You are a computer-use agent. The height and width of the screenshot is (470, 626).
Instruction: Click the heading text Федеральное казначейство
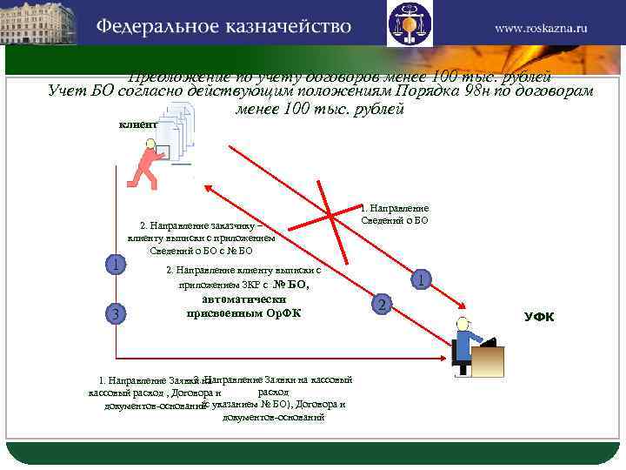223,26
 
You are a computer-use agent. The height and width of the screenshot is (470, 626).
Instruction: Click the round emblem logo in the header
410,23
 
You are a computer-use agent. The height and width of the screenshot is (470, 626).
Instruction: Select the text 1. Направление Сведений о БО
394,214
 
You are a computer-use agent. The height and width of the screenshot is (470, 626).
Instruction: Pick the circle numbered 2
379,304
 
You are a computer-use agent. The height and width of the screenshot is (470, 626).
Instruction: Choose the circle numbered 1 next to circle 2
421,279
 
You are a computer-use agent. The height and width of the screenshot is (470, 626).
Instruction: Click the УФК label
539,316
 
